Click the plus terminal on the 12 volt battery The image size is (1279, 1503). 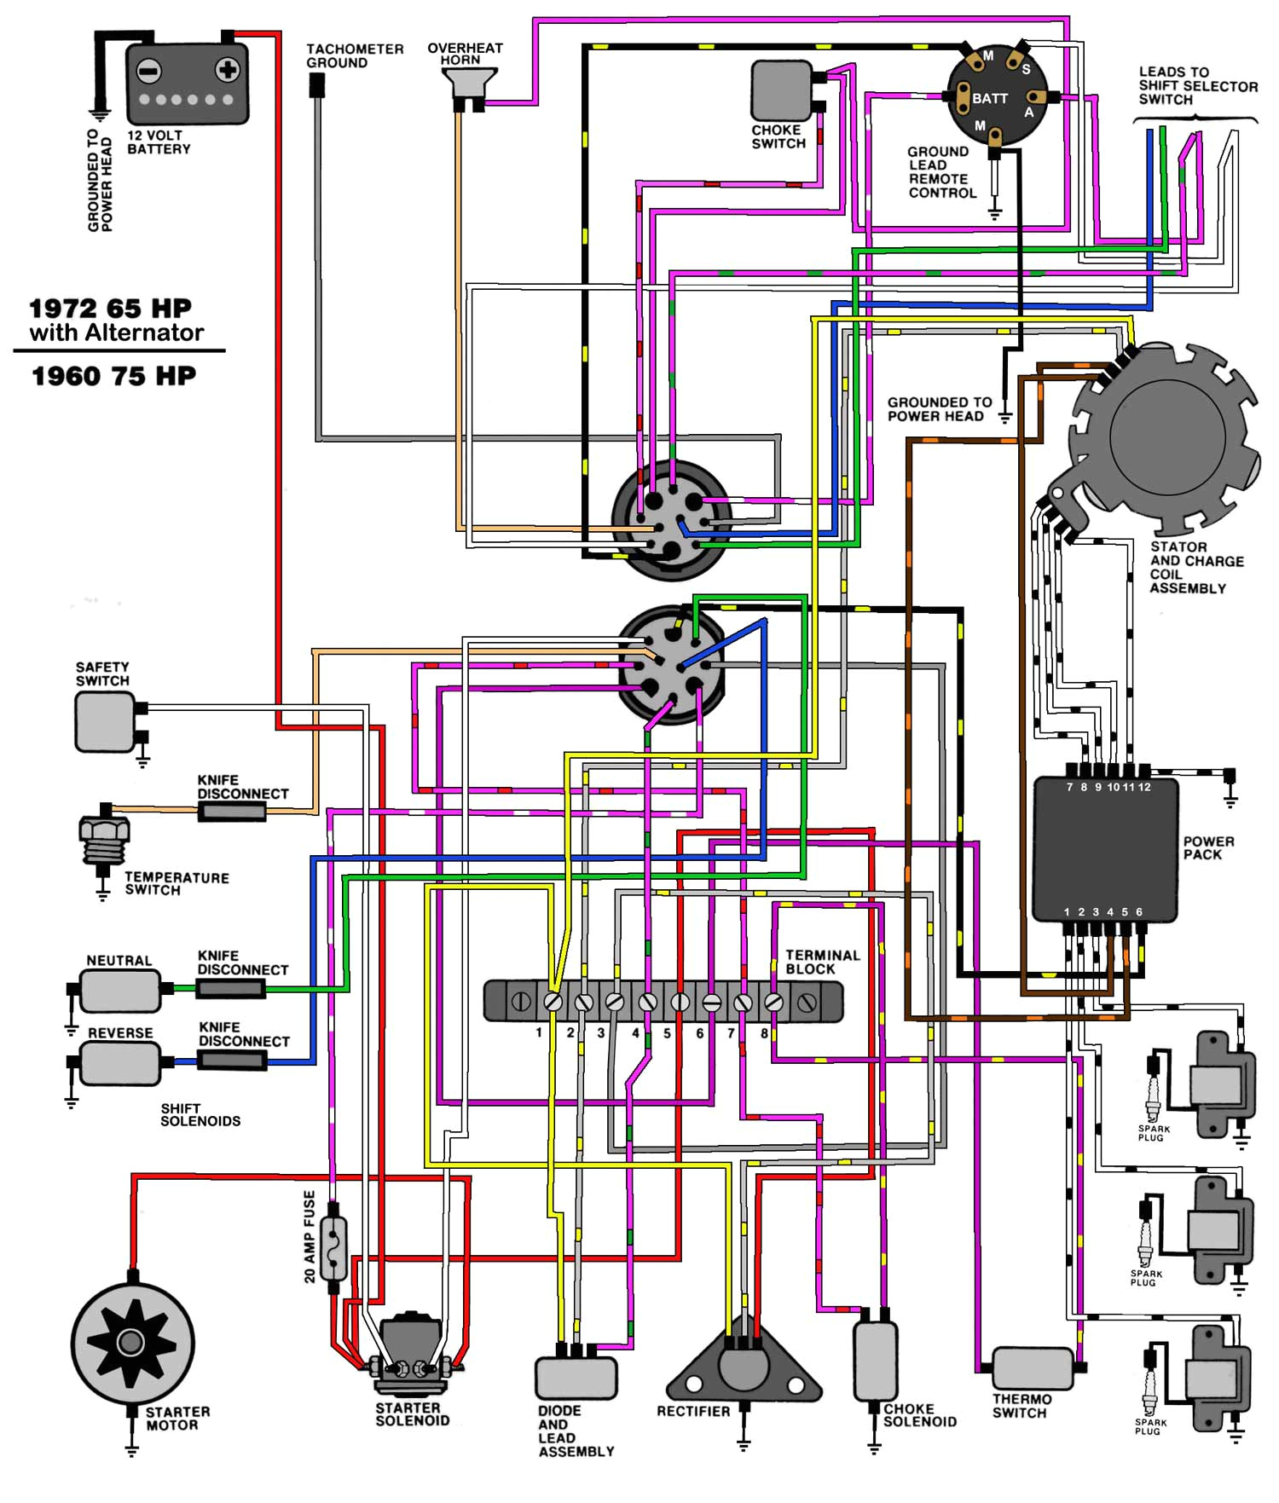click(x=227, y=70)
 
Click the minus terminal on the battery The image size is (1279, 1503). click(x=149, y=70)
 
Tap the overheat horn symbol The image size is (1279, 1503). click(x=468, y=83)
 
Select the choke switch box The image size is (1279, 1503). click(x=780, y=90)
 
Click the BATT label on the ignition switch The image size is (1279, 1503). click(x=990, y=99)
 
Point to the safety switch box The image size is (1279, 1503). click(x=105, y=721)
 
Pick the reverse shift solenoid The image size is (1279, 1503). click(x=120, y=1062)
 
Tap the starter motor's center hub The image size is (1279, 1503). click(x=130, y=1344)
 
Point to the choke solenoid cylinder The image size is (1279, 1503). click(x=875, y=1361)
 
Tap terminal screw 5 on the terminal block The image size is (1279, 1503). click(x=680, y=1002)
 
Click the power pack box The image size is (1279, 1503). click(x=1105, y=849)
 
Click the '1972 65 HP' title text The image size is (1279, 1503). click(x=110, y=308)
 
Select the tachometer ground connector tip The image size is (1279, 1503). click(x=316, y=84)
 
